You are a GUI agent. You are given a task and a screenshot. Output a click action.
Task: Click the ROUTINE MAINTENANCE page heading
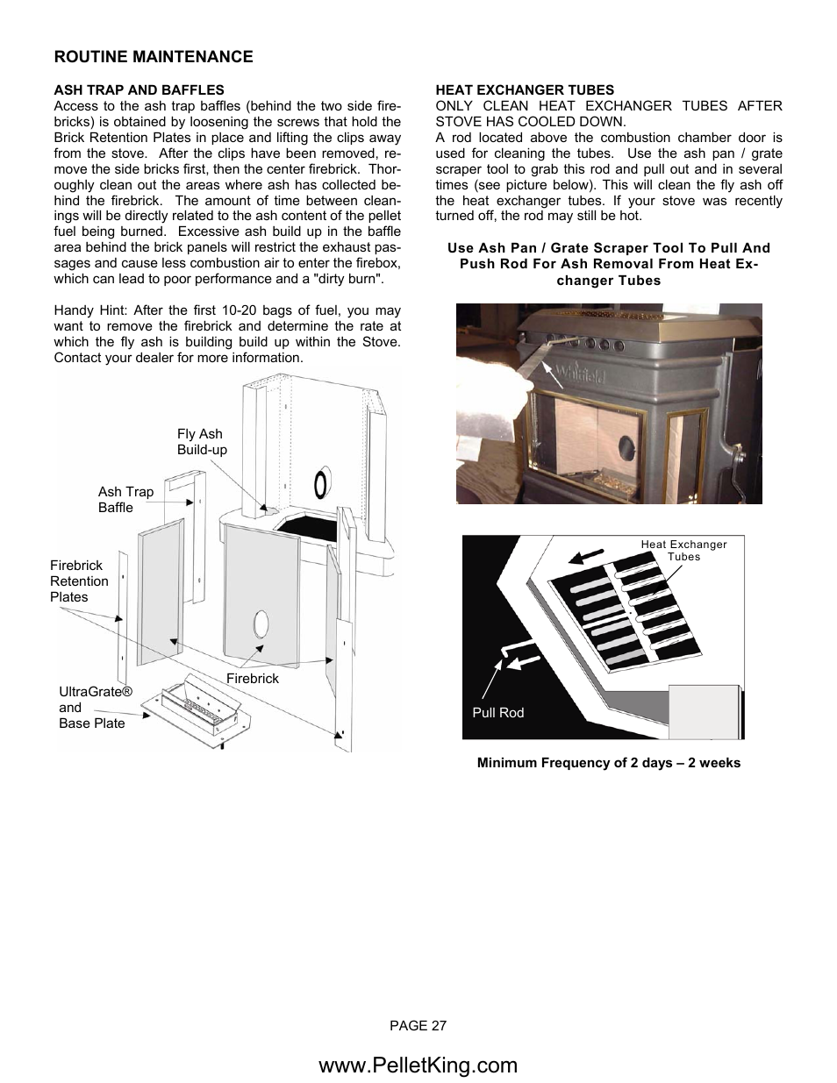pyautogui.click(x=154, y=57)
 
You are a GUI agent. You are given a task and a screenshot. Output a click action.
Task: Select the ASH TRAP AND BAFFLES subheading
pyautogui.click(x=139, y=89)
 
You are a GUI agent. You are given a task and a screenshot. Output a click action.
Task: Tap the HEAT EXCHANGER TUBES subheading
pyautogui.click(x=525, y=89)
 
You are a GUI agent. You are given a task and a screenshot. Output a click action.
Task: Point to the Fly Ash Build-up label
pyautogui.click(x=202, y=442)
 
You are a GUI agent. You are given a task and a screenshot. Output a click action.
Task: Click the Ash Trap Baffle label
pyautogui.click(x=125, y=500)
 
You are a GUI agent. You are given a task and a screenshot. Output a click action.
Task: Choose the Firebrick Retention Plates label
pyautogui.click(x=79, y=581)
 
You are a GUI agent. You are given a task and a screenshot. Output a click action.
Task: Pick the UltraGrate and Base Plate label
pyautogui.click(x=95, y=708)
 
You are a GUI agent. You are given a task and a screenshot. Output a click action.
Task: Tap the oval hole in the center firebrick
pyautogui.click(x=261, y=625)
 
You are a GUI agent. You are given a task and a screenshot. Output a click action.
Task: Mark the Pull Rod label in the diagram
pyautogui.click(x=497, y=713)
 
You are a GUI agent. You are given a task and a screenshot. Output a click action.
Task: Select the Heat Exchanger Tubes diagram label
pyautogui.click(x=683, y=550)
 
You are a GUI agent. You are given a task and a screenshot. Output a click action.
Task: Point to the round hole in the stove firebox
pyautogui.click(x=627, y=445)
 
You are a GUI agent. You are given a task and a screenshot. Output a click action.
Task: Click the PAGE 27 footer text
pyautogui.click(x=418, y=1025)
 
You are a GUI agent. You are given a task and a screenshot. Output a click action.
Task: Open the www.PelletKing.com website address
pyautogui.click(x=418, y=1065)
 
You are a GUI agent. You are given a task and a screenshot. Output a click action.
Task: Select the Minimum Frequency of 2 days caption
pyautogui.click(x=608, y=763)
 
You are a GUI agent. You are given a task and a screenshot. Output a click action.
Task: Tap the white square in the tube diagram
pyautogui.click(x=704, y=711)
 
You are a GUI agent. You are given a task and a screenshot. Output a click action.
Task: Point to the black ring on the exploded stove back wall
pyautogui.click(x=321, y=483)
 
